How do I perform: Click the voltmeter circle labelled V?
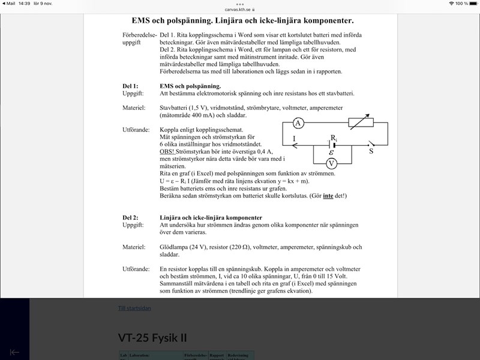point(331,163)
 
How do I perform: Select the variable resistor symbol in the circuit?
point(361,123)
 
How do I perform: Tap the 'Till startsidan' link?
point(134,308)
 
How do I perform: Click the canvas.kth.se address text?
point(240,10)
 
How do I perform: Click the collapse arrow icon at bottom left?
point(14,352)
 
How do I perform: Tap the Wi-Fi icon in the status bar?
point(451,4)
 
